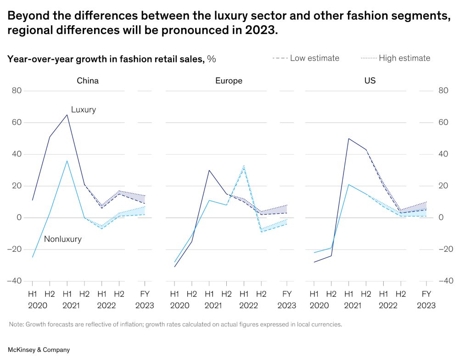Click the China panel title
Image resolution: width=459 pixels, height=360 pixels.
[87, 81]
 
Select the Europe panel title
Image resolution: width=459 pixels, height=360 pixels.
[229, 81]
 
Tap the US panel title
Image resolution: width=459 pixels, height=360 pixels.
[370, 81]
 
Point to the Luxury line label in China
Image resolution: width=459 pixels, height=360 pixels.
[83, 110]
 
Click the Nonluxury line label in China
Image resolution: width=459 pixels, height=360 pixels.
[62, 239]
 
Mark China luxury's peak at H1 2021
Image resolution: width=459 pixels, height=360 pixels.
[67, 115]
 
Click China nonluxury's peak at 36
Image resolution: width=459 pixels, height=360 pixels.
[67, 161]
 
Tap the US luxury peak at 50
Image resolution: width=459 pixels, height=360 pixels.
[348, 138]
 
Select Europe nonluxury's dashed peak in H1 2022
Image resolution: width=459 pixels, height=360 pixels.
[244, 166]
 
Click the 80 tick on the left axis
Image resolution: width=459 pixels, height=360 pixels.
[17, 91]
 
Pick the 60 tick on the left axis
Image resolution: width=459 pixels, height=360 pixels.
[17, 122]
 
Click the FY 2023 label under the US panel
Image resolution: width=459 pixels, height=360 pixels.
[426, 299]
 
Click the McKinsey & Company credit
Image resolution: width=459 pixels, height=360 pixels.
[39, 350]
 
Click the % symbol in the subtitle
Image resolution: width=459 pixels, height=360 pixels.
[212, 59]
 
